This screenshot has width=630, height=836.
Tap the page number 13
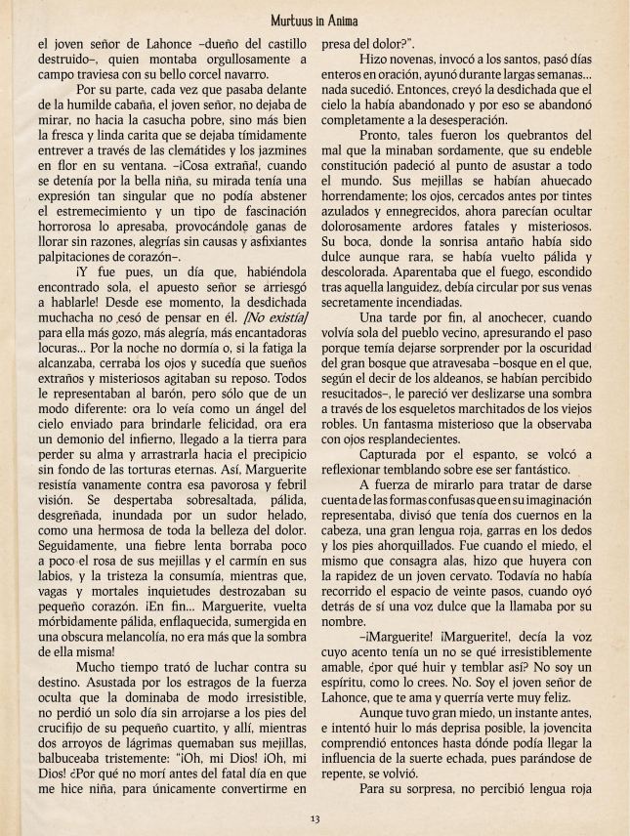click(315, 817)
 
